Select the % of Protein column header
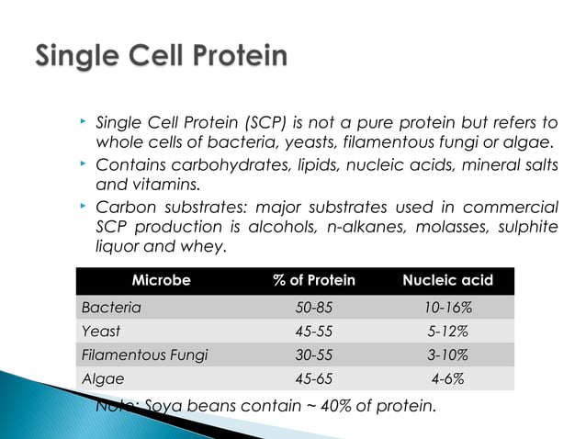pos(313,280)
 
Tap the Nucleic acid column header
pos(447,280)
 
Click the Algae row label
pos(100,377)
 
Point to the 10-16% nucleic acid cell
pos(447,307)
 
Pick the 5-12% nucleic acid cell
pos(447,331)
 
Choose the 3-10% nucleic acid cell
pos(447,355)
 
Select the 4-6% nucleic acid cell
pos(447,377)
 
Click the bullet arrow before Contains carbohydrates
pos(82,163)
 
